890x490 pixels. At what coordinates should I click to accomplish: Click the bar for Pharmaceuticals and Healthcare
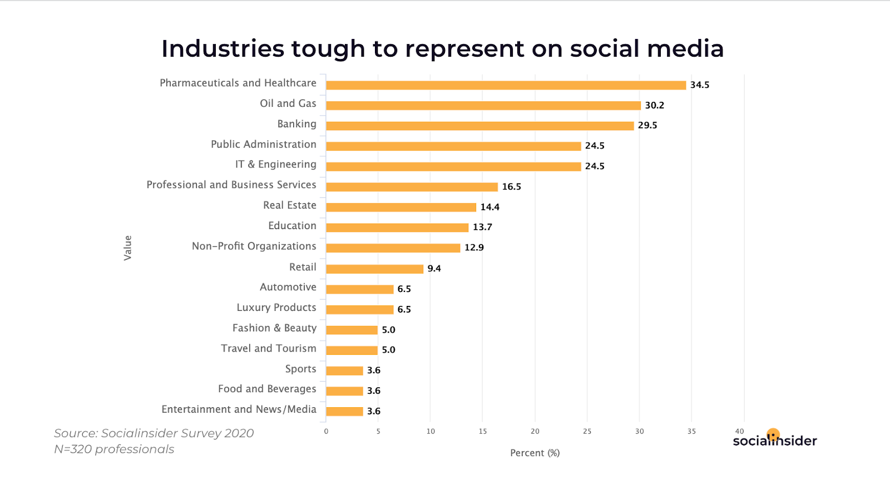pos(506,85)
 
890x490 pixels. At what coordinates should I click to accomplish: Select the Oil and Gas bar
pos(483,106)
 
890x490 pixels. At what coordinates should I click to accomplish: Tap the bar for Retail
pos(374,269)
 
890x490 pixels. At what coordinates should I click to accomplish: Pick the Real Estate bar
pos(400,207)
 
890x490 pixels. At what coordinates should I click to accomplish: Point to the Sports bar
pos(344,371)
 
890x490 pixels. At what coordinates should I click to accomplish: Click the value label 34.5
pos(699,85)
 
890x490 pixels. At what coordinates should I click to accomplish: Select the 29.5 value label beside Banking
pos(647,126)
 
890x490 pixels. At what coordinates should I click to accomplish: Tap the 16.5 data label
pos(511,187)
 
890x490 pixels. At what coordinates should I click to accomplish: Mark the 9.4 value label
pos(434,269)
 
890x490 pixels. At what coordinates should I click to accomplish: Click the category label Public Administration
pos(263,145)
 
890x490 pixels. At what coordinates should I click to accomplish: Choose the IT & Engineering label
pos(275,165)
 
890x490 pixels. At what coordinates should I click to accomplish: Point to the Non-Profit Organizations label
pos(254,246)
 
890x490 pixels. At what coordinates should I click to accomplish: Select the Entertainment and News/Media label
pos(239,410)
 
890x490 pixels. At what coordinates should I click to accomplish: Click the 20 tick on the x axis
pos(535,432)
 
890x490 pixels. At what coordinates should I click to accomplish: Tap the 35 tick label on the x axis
pos(691,432)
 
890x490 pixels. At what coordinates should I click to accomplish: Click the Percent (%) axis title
pos(535,453)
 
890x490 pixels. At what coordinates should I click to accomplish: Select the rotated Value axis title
pos(128,248)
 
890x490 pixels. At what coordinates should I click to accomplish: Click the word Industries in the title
pos(222,49)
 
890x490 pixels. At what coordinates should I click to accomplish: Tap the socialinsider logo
pos(774,439)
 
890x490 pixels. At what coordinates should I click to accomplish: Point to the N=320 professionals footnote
pos(114,449)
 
